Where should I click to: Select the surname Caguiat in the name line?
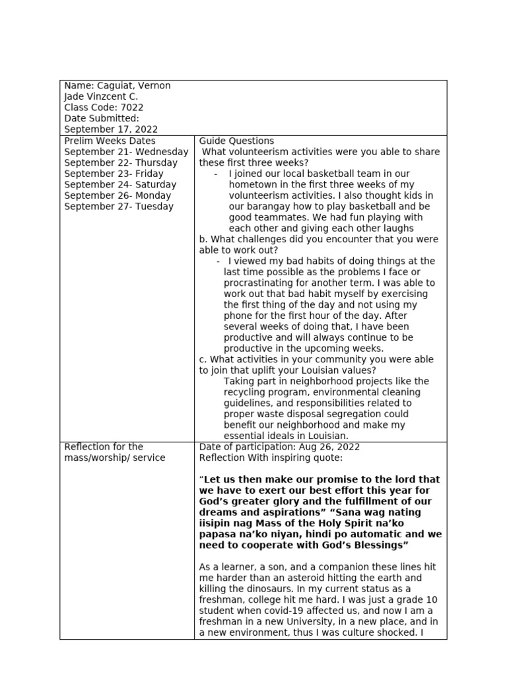click(x=114, y=86)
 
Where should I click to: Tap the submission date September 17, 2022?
click(x=111, y=129)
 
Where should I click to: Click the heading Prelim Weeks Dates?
click(x=110, y=141)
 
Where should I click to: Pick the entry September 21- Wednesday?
click(x=126, y=152)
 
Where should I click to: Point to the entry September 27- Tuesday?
click(x=119, y=206)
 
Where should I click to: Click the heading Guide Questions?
click(x=236, y=141)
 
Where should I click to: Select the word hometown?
click(x=252, y=184)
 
